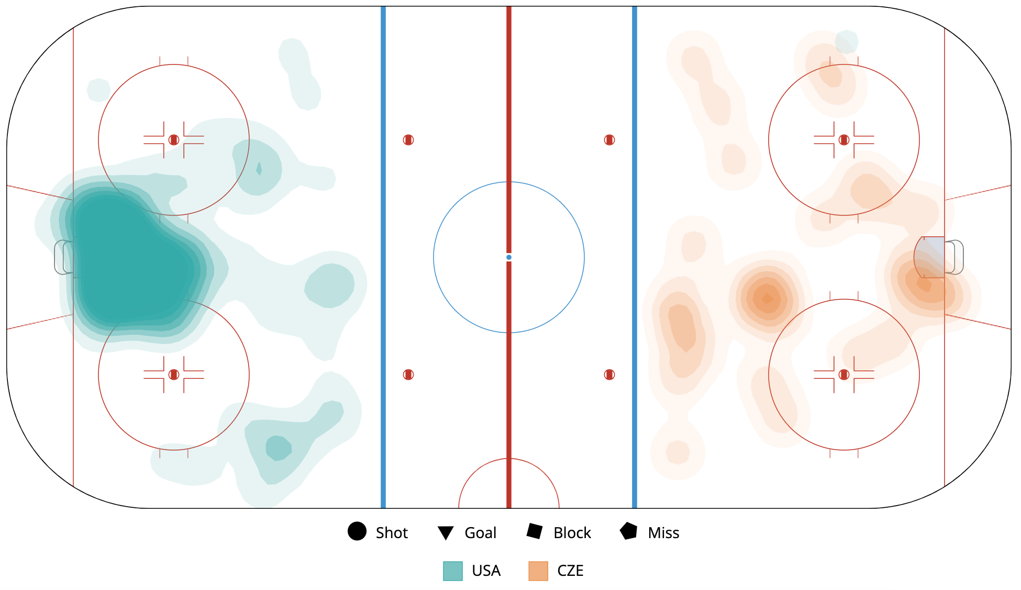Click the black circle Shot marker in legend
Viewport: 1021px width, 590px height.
[357, 531]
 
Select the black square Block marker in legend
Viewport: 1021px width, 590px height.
[535, 531]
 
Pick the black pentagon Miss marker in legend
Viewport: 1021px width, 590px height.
[628, 531]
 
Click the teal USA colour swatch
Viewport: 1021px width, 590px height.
[453, 571]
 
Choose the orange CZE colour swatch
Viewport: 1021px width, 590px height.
[538, 571]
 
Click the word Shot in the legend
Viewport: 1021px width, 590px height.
[392, 533]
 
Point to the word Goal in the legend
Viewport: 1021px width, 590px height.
[480, 533]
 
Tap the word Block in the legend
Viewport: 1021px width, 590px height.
[572, 533]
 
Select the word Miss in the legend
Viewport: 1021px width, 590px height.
[663, 533]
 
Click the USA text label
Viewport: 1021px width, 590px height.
[486, 571]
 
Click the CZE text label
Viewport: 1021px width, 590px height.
[570, 571]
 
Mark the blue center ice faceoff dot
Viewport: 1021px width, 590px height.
[509, 257]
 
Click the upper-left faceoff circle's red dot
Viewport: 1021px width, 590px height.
[174, 140]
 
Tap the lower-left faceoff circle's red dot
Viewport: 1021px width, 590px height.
[174, 375]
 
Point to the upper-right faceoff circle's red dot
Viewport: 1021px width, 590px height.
[844, 140]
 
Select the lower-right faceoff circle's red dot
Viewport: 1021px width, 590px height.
[844, 375]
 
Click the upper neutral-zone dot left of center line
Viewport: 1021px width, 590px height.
[408, 140]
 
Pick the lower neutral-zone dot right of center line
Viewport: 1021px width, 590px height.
[609, 375]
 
